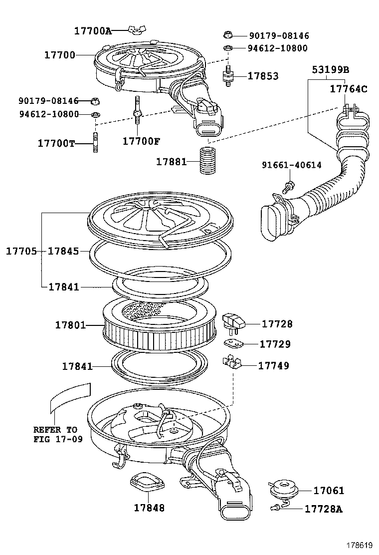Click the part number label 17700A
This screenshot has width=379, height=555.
click(93, 30)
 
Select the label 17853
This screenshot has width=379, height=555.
click(263, 76)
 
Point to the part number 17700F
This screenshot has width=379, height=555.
click(141, 141)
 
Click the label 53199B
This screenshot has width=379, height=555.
click(330, 69)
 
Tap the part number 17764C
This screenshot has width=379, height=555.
click(349, 89)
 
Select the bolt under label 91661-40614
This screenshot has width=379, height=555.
click(288, 188)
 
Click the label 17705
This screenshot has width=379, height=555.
click(21, 251)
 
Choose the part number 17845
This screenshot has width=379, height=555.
click(63, 251)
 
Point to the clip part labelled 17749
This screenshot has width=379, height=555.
click(231, 363)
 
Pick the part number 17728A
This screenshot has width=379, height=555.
click(324, 509)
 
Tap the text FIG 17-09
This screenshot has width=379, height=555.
click(58, 440)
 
